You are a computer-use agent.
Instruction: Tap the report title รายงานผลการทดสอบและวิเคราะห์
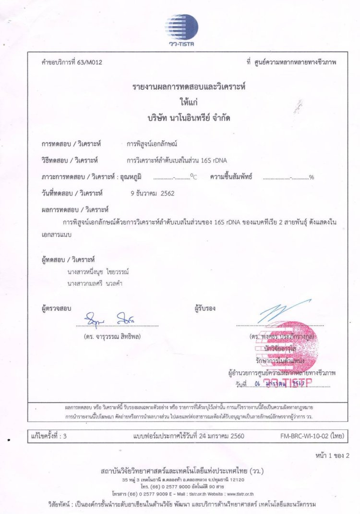tap(179, 87)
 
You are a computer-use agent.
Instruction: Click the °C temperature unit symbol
tap(193, 177)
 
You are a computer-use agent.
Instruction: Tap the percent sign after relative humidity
tap(312, 177)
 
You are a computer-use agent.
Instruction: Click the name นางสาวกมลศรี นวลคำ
tap(95, 283)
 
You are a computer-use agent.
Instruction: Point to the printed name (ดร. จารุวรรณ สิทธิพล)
tap(112, 336)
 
